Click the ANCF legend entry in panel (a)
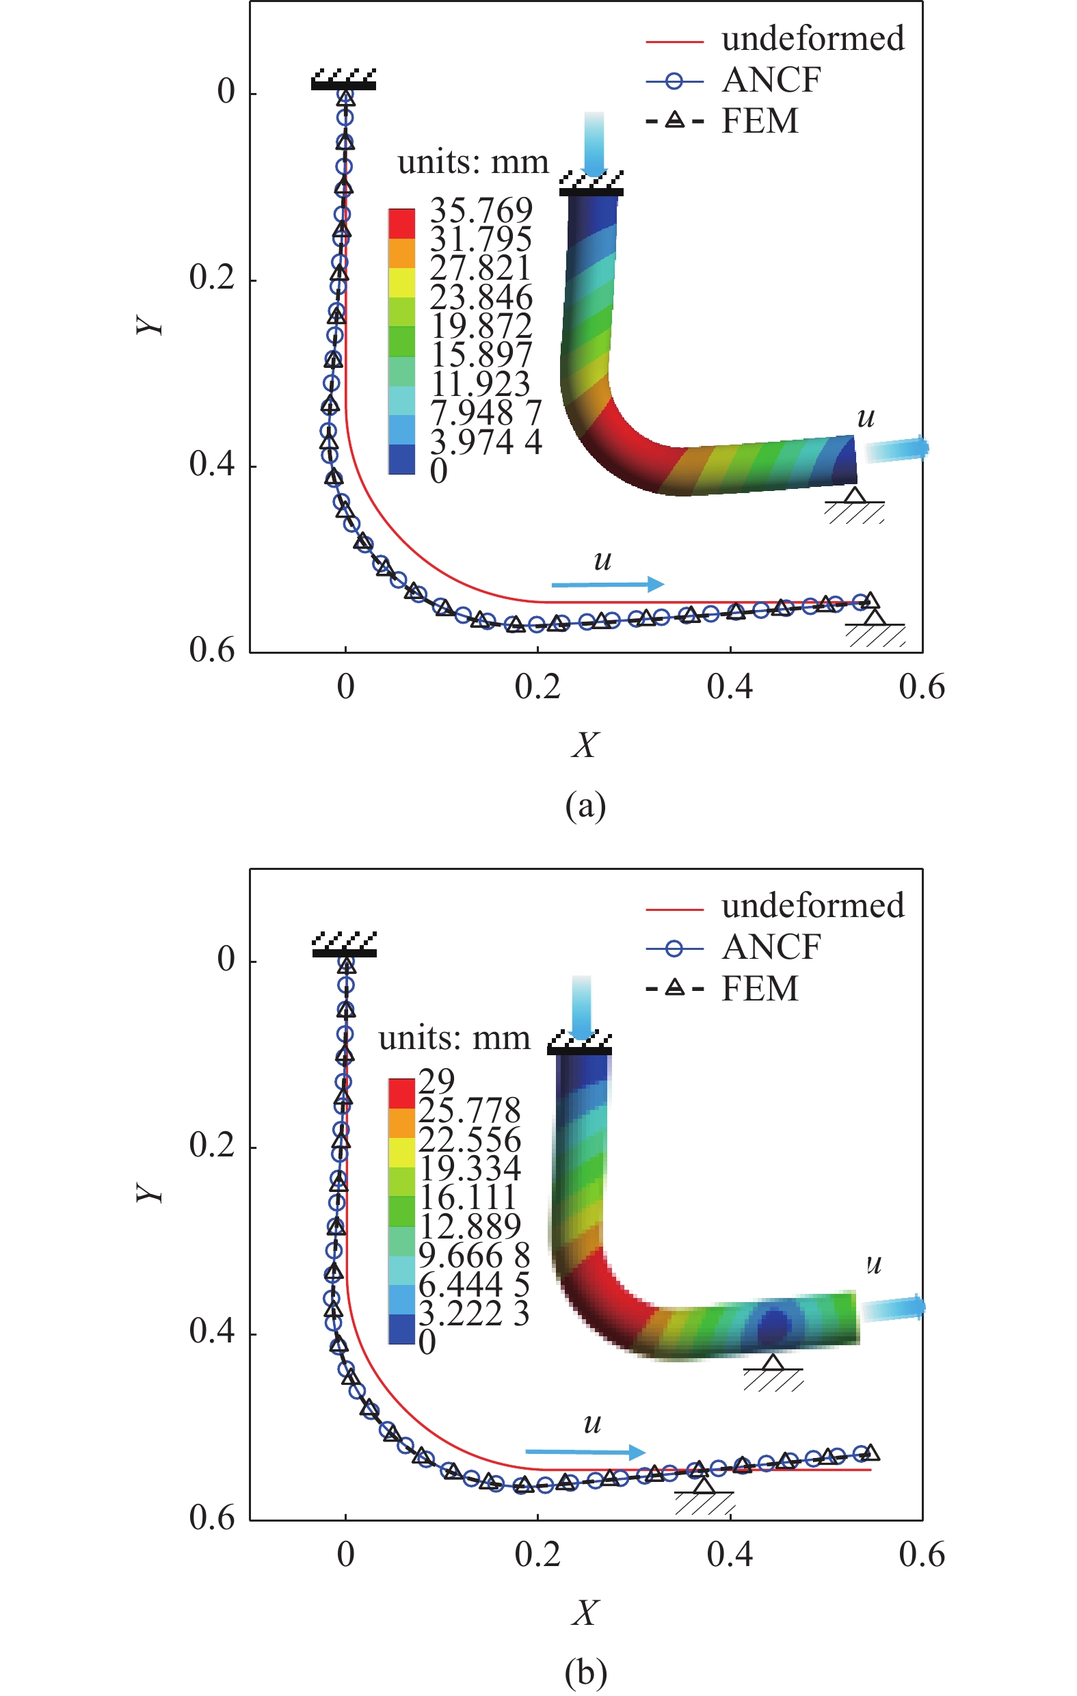(771, 80)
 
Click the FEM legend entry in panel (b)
(759, 989)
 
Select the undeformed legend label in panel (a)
(812, 39)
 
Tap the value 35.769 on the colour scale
(481, 210)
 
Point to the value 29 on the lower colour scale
(437, 1080)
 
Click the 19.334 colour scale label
(470, 1168)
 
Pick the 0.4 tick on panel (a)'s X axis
(730, 687)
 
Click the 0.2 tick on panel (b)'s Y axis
(211, 1145)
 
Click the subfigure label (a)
(585, 806)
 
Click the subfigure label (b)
(585, 1672)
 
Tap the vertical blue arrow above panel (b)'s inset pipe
(581, 1007)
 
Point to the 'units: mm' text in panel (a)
(473, 163)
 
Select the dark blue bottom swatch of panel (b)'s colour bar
(401, 1329)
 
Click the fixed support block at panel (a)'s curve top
(344, 80)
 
